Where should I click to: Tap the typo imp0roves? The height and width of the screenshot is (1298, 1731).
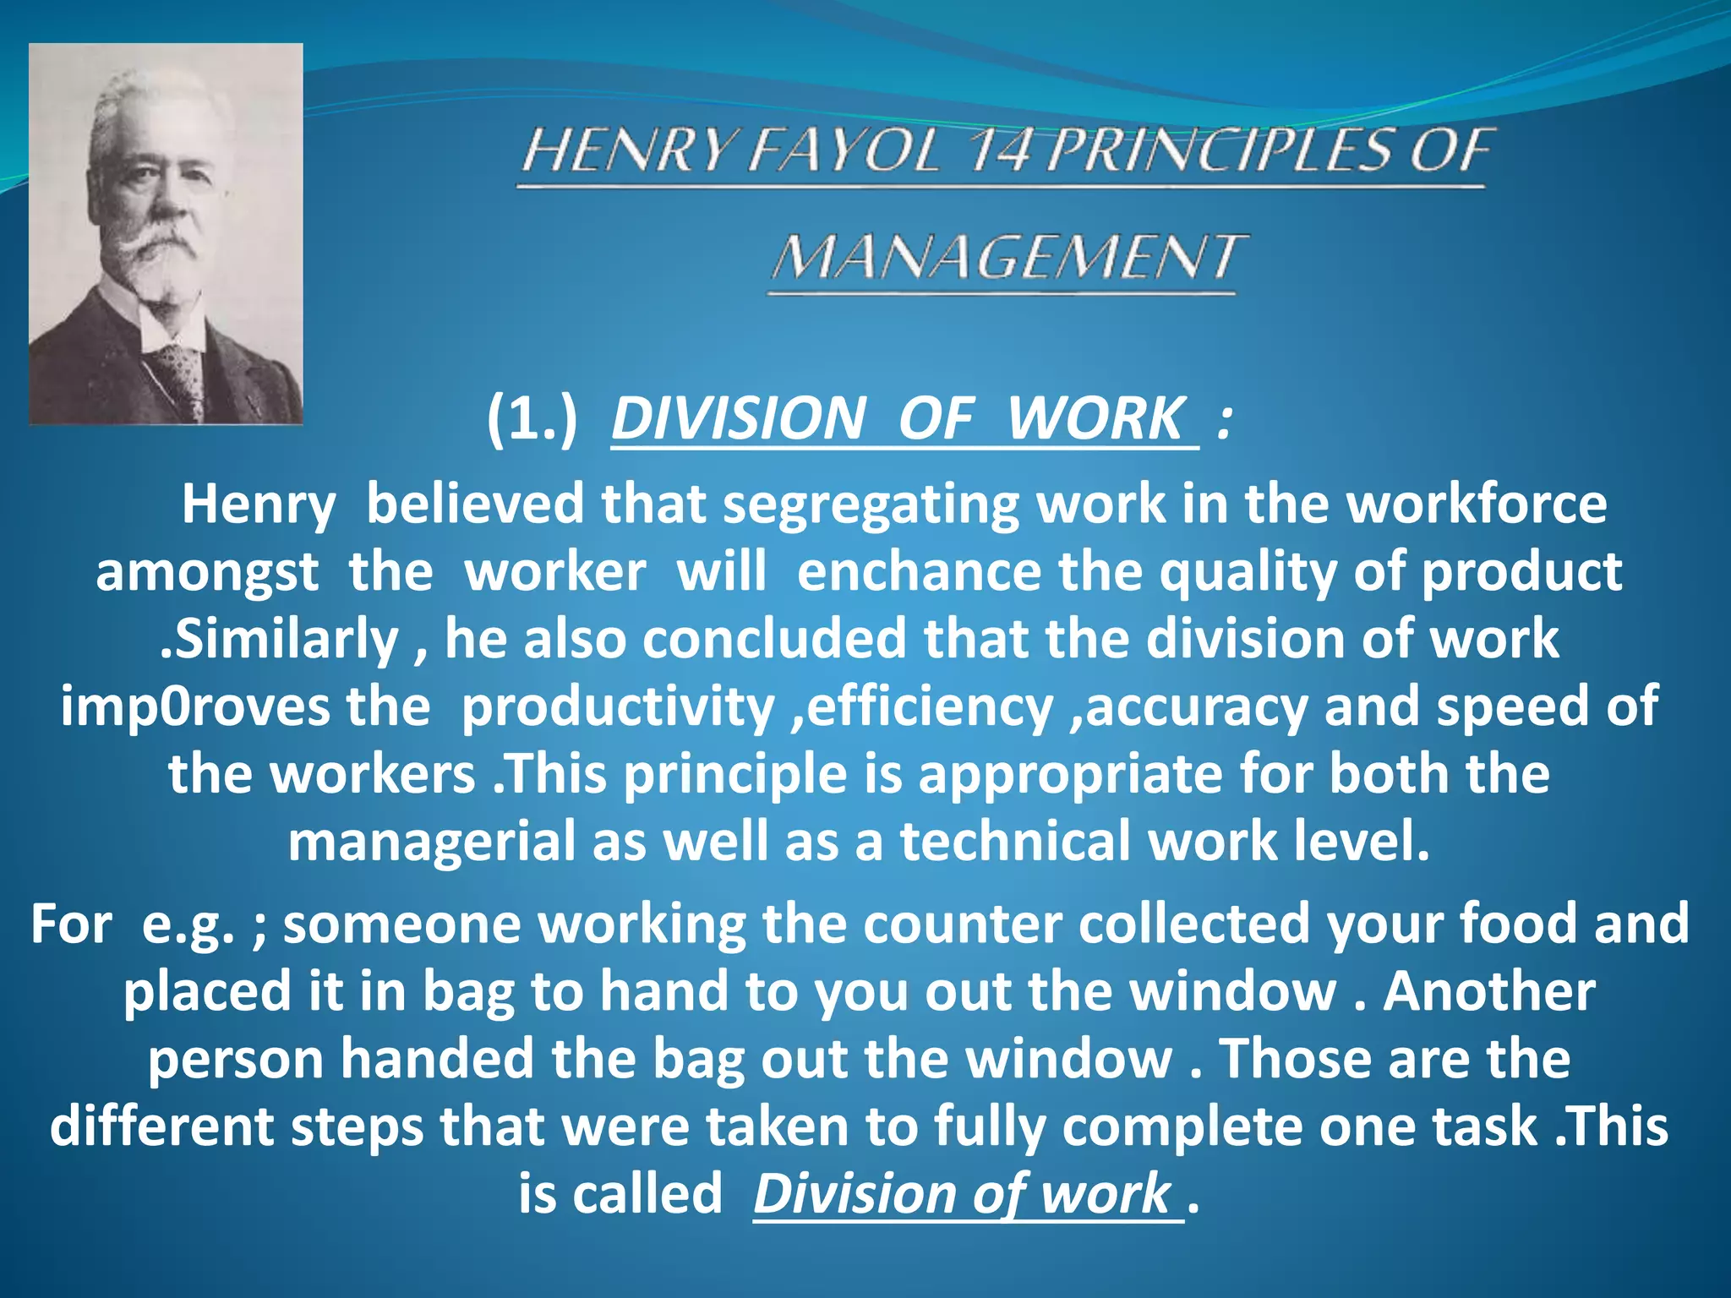click(x=194, y=706)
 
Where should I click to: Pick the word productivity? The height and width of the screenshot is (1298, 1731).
click(x=618, y=706)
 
